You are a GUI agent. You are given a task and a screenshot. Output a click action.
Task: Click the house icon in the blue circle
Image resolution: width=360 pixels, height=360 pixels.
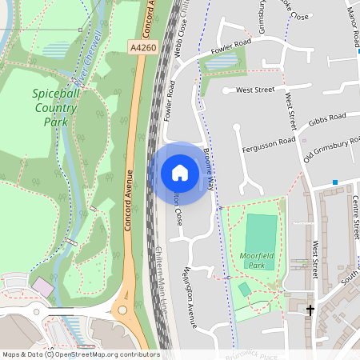[x=180, y=172]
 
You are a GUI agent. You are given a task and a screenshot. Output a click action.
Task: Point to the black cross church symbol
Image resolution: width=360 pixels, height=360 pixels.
[x=310, y=309]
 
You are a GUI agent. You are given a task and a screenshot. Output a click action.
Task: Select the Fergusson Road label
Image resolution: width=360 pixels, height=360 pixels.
[x=267, y=144]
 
